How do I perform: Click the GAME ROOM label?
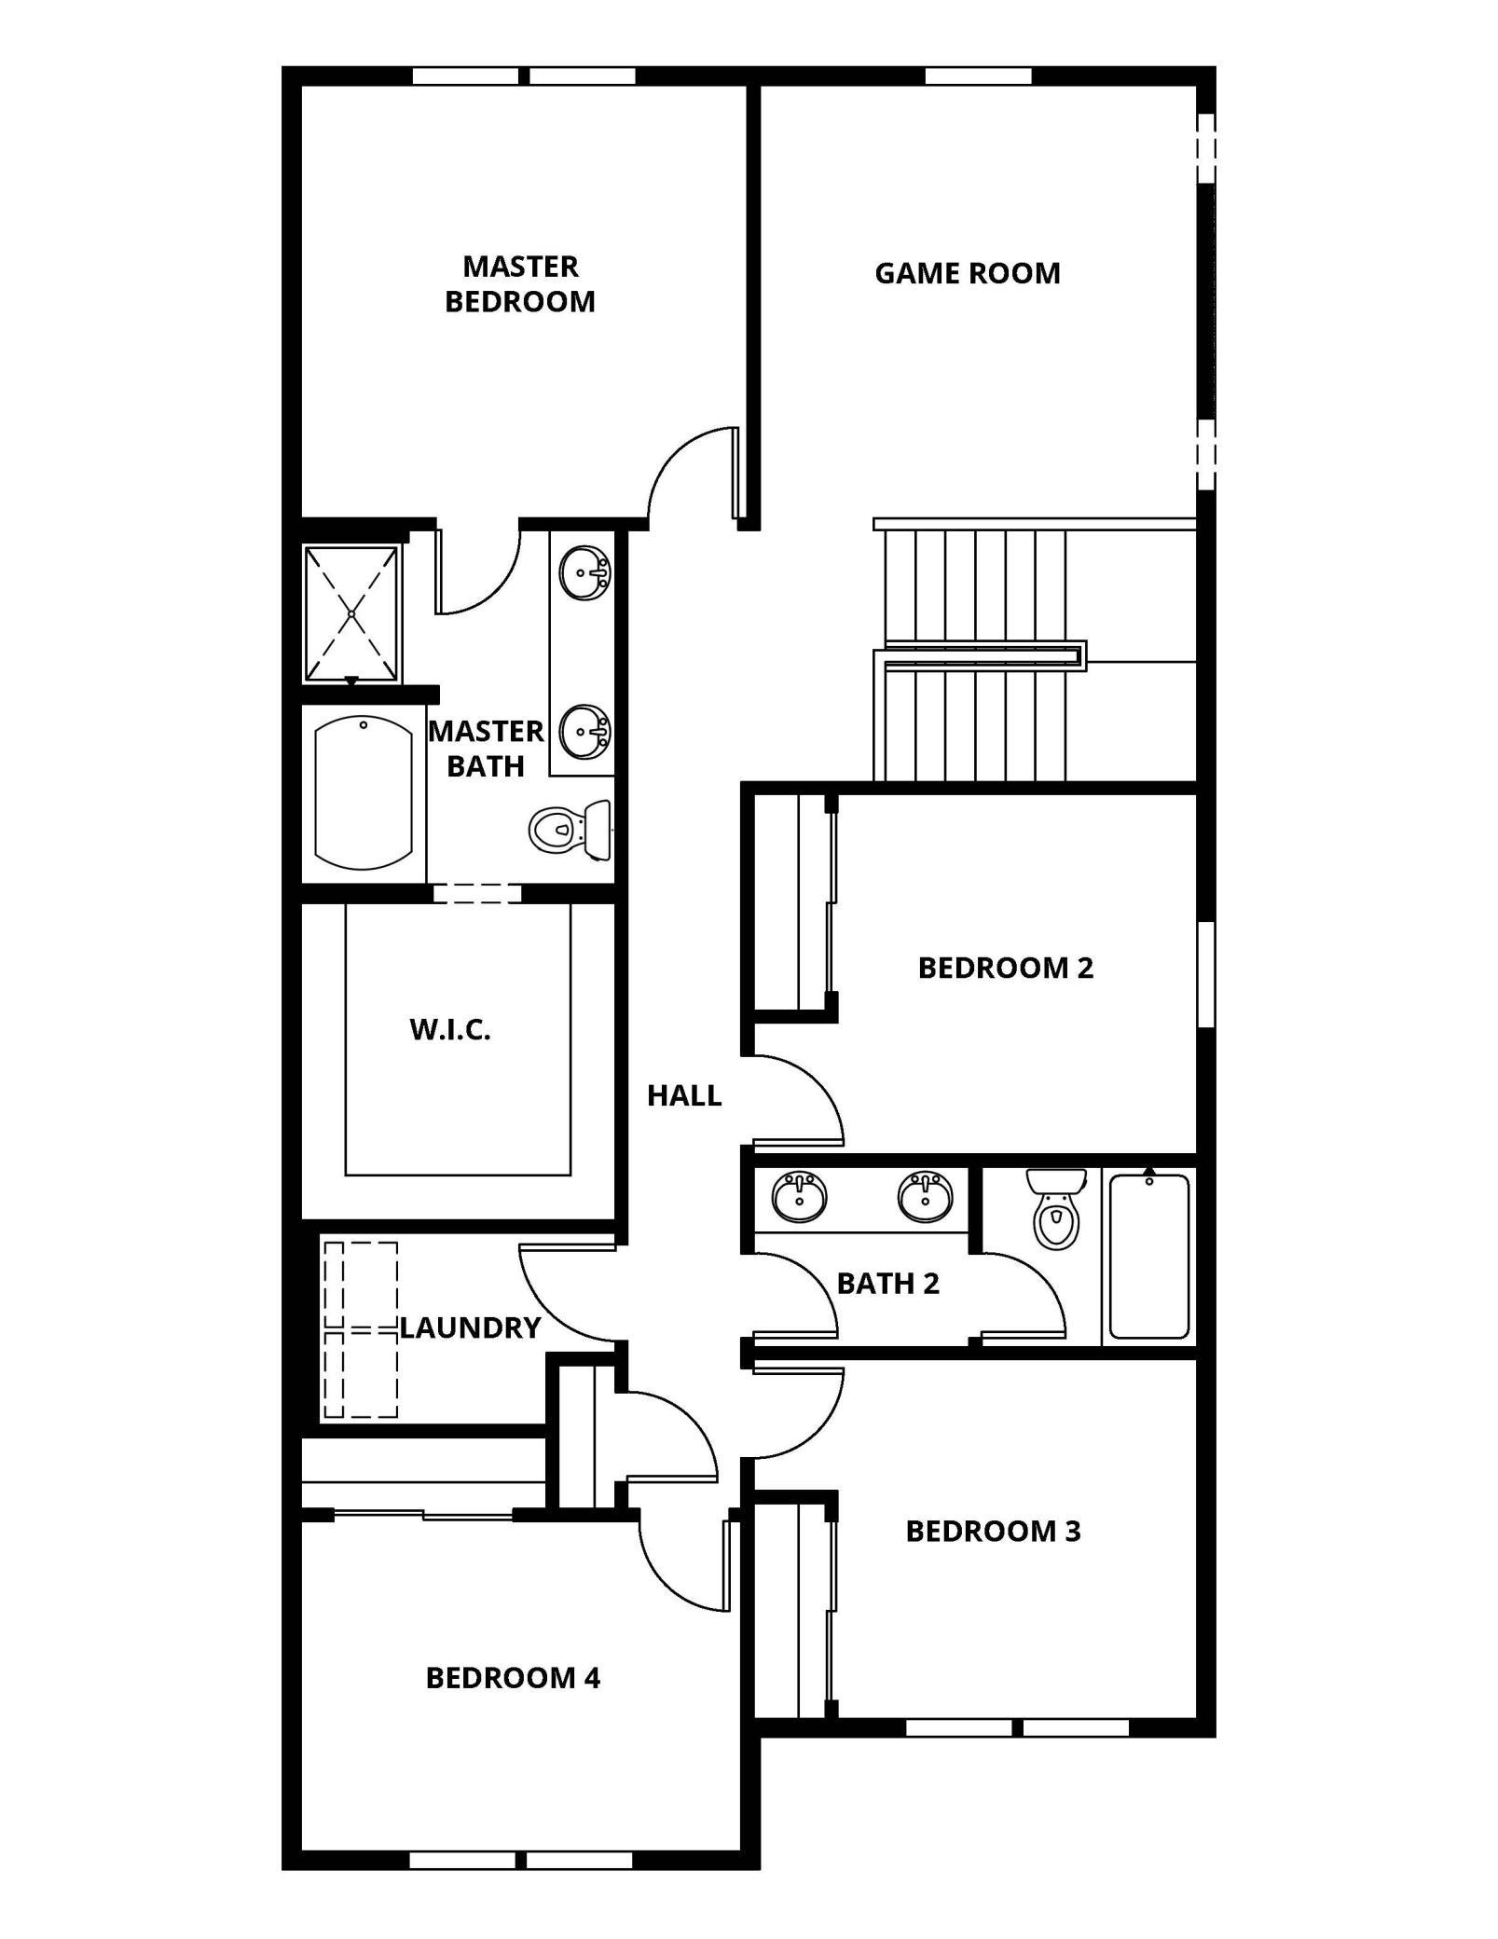967,273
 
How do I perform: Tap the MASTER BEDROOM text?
520,283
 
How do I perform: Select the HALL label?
684,1095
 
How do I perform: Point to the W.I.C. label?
450,1030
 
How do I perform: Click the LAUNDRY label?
470,1327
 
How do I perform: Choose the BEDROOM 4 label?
513,1678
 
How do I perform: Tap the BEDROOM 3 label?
993,1531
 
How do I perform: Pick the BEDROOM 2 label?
1005,968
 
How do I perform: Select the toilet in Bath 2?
1056,1209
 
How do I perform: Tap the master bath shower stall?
351,613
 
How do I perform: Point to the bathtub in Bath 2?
1148,1257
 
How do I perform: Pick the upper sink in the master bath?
585,572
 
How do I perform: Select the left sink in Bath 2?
799,1196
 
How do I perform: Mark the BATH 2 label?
887,1284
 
